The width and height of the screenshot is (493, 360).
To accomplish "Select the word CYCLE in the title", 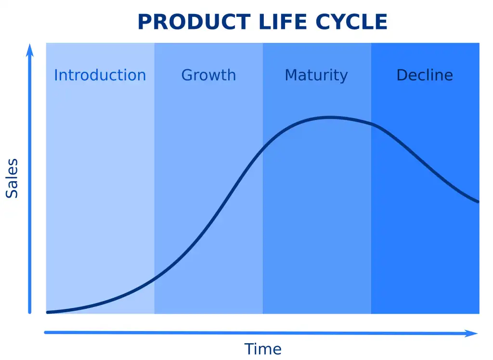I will point(351,22).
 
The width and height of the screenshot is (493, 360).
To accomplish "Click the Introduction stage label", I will point(100,75).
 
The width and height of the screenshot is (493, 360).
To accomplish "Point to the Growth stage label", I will point(208,75).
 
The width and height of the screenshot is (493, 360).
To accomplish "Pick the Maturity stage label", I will point(316,76).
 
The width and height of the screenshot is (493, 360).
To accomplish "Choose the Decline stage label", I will point(425,75).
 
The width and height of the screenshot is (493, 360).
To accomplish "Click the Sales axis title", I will point(12,178).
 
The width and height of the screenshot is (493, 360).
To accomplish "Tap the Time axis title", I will point(262,348).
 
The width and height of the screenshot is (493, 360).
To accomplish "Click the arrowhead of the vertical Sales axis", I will point(30,49).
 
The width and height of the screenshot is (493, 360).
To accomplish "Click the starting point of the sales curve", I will point(48,312).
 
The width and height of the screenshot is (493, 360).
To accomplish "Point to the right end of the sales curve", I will point(478,201).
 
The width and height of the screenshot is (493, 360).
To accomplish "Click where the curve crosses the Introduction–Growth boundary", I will point(155,278).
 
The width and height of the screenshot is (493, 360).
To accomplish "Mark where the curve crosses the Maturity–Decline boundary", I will point(371,124).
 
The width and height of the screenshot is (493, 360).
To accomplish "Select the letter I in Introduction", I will point(55,75).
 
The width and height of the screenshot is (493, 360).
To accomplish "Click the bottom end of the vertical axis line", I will point(30,312).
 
